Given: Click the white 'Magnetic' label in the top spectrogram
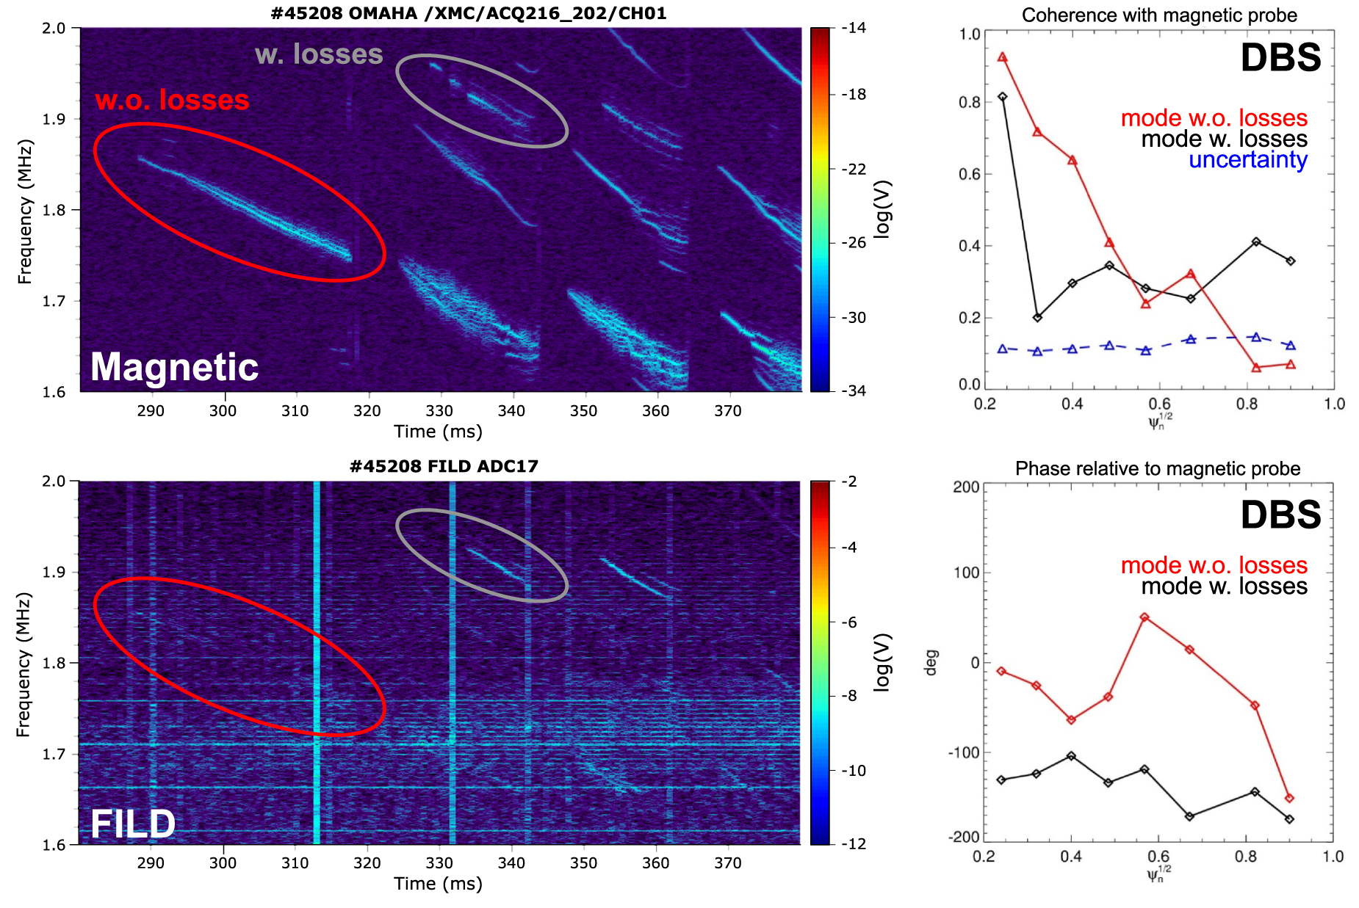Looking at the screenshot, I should point(174,366).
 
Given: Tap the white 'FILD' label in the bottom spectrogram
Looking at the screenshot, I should point(133,824).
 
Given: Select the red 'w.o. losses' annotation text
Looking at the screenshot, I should point(172,100).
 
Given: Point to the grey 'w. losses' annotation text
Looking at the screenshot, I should point(319,54).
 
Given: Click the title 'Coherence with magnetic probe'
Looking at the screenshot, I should point(1159,15).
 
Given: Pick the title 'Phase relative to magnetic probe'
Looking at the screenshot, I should point(1158,468).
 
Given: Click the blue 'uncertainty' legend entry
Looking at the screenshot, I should point(1248,159).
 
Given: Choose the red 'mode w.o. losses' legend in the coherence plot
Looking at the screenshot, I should point(1214,117).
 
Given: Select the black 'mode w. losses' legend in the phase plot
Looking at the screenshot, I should point(1224,586).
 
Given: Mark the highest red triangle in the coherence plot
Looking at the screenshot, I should point(1002,57).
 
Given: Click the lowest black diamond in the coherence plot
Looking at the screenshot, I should point(1037,317).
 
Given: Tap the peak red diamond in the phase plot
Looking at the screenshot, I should point(1144,617).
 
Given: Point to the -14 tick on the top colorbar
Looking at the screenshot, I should point(854,28).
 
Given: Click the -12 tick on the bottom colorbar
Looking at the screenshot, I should point(854,843).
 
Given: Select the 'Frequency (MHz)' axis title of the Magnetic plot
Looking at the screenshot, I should point(25,211).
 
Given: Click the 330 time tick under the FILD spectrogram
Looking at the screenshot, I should point(439,863).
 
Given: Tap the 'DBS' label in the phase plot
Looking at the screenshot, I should point(1280,515).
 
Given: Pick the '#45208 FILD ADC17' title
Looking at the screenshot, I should point(444,466).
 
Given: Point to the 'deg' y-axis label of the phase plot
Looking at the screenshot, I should point(931,661).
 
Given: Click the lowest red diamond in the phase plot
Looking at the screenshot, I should point(1289,798).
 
